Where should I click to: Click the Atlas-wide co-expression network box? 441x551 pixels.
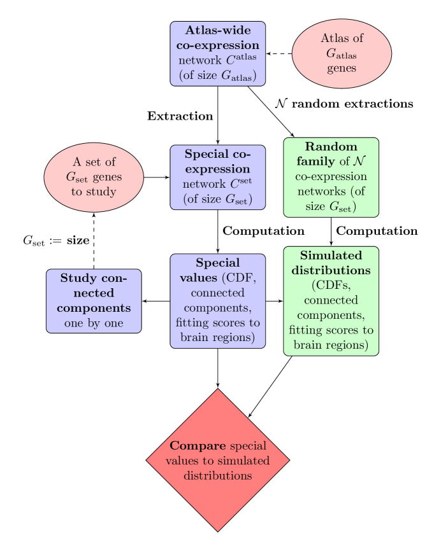(217, 53)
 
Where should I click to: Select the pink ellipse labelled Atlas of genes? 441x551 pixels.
(342, 53)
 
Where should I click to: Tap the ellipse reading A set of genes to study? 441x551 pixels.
(94, 177)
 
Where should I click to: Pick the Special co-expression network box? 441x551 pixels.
(217, 177)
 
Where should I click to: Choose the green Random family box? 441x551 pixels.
(331, 177)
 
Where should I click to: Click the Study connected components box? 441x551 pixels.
(94, 301)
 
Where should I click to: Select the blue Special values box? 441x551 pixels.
(217, 301)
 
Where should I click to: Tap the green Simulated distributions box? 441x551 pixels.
(331, 301)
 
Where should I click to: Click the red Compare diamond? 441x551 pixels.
(217, 460)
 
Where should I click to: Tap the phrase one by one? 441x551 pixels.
(94, 323)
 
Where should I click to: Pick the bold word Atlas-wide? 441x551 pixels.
(217, 31)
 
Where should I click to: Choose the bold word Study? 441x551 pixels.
(79, 278)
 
